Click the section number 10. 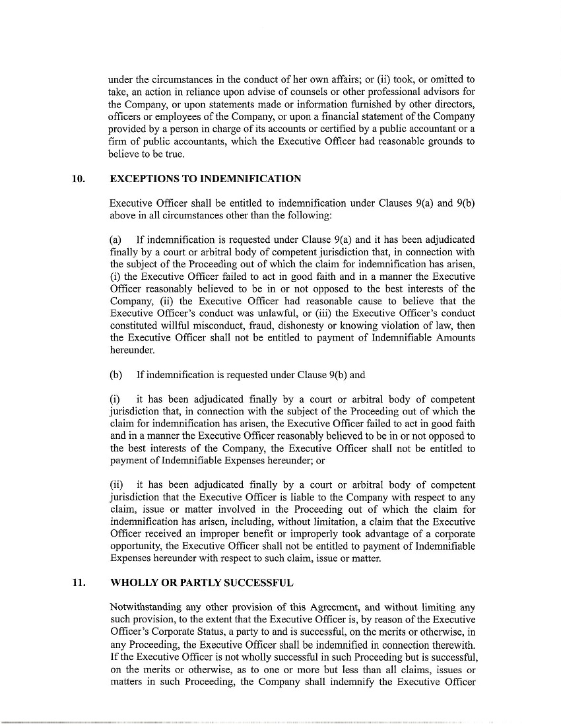pyautogui.click(x=79, y=179)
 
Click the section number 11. pyautogui.click(x=79, y=583)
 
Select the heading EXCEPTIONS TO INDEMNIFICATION pyautogui.click(x=205, y=179)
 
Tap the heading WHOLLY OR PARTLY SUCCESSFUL pyautogui.click(x=201, y=583)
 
